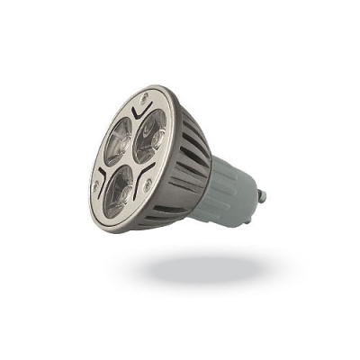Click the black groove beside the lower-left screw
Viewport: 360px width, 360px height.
click(101, 173)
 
